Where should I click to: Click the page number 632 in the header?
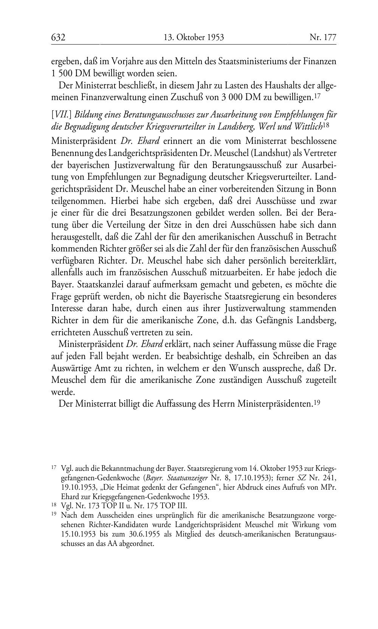59,37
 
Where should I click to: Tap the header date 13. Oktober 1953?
194,37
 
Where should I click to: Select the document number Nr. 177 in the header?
323,37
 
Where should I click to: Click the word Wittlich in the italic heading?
308,126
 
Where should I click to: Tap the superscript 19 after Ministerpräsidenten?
318,403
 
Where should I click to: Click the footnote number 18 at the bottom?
53,505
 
